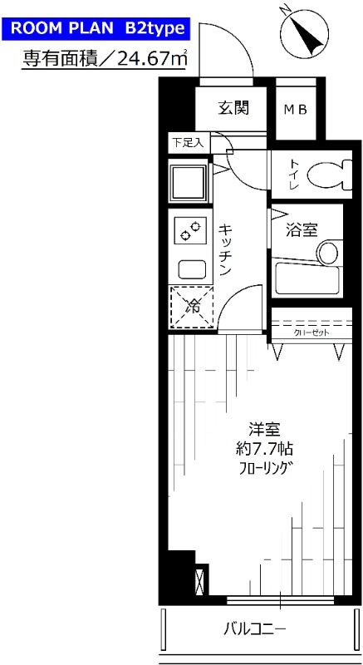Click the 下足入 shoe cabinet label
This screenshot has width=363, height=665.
[188, 142]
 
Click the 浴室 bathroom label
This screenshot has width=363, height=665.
[302, 226]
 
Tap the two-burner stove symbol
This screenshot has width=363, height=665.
[190, 228]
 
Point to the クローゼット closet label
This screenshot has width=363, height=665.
[312, 332]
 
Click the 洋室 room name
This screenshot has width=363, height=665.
[265, 430]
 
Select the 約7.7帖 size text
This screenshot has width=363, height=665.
[265, 449]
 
